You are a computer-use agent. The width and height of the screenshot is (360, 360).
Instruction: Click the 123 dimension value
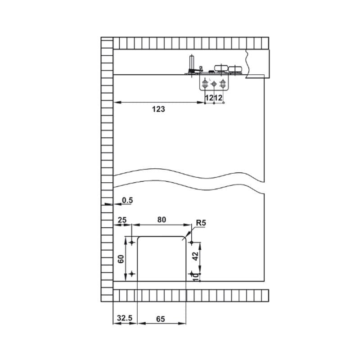tap(158, 109)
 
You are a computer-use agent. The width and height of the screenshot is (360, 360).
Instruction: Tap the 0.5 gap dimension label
tap(127, 200)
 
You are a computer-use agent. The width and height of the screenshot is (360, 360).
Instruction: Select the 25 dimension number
tap(122, 220)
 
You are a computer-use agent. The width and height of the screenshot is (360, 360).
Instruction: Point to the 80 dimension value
tap(162, 220)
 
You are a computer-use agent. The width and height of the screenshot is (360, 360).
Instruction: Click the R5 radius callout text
tap(201, 223)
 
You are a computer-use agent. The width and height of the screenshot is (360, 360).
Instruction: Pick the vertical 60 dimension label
tap(121, 259)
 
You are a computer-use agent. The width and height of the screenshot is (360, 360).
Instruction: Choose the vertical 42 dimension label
tap(195, 256)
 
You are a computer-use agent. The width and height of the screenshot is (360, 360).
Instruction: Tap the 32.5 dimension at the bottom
tap(125, 318)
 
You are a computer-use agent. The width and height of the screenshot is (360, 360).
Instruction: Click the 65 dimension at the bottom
tap(161, 319)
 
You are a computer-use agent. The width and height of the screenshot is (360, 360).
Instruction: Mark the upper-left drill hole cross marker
tap(132, 243)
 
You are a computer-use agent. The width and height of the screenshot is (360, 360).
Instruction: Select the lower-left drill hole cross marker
tap(132, 274)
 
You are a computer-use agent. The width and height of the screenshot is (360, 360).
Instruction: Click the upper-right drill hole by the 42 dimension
tap(192, 243)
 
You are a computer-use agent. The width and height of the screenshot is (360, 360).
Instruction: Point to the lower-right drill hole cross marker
tap(192, 274)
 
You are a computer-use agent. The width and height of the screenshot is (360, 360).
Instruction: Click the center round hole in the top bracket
tap(214, 84)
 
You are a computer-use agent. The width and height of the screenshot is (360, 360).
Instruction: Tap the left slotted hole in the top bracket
tap(205, 84)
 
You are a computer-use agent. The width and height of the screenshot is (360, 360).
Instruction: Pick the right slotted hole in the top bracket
tap(222, 84)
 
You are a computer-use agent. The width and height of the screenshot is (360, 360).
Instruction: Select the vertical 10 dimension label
tap(196, 277)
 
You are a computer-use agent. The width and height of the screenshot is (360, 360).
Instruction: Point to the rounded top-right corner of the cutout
tap(184, 238)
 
